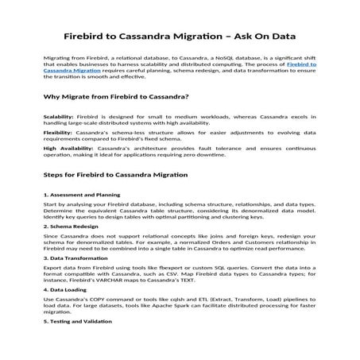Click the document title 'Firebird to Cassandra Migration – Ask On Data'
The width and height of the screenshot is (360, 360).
coord(180,37)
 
